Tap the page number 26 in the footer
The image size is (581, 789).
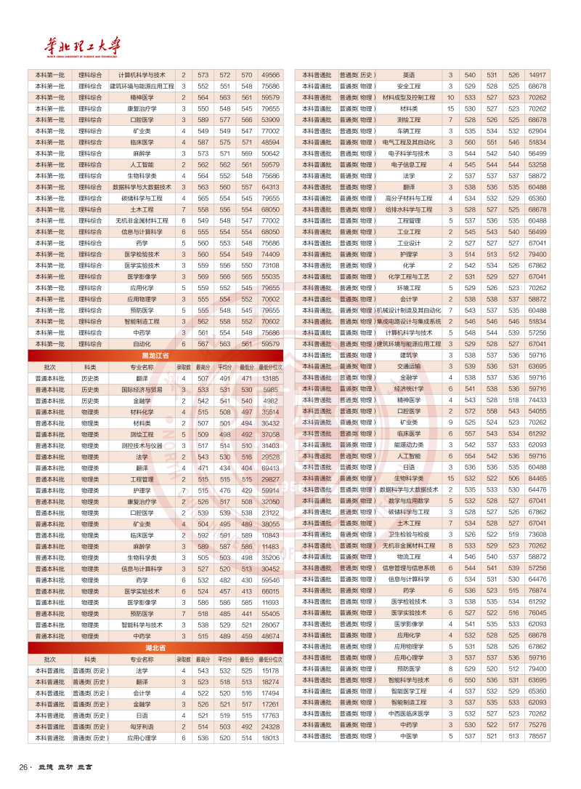[x=24, y=768]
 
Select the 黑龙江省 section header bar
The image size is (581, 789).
[x=155, y=356]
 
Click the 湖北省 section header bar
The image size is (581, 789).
[x=155, y=647]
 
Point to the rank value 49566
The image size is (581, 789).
[x=270, y=75]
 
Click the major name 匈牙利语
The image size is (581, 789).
[x=142, y=726]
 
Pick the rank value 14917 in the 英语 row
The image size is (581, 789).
[x=538, y=75]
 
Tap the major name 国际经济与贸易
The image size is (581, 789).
[x=142, y=390]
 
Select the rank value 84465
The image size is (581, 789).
[x=538, y=478]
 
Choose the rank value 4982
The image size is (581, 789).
[x=270, y=401]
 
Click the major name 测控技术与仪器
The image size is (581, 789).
[x=142, y=446]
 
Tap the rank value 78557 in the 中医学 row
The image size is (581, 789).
[x=538, y=736]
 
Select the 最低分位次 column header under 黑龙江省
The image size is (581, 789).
[x=270, y=367]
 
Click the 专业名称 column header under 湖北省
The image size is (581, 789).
[x=142, y=659]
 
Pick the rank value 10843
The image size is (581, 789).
[x=270, y=535]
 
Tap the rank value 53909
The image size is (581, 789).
[x=270, y=119]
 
